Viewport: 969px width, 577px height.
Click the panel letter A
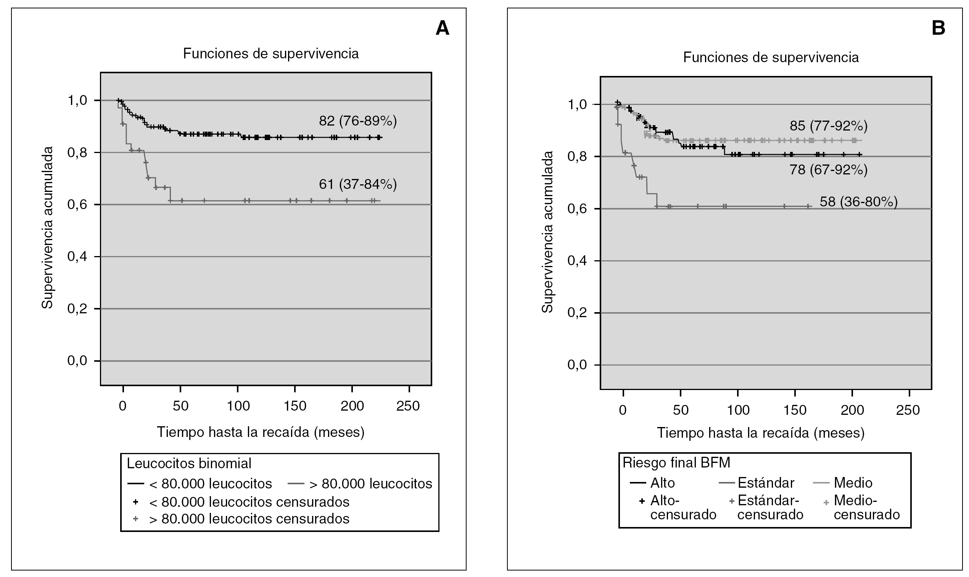[x=442, y=28]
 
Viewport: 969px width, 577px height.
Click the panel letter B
[x=939, y=28]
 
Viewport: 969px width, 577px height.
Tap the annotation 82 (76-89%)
[x=357, y=121]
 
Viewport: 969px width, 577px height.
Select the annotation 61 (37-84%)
[x=357, y=184]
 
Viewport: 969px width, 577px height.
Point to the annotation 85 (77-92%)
[x=828, y=126]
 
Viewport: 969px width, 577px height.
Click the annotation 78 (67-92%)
[x=828, y=170]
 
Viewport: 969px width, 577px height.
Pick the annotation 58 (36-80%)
[x=859, y=202]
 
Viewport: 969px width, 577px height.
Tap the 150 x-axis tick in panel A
[x=295, y=406]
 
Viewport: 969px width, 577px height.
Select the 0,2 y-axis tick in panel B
[x=577, y=313]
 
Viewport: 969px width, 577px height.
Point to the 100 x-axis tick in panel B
[x=738, y=410]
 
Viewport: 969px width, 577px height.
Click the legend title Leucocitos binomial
[x=189, y=463]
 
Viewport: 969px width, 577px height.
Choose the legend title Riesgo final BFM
[x=676, y=463]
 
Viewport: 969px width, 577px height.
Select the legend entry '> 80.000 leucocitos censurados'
[x=249, y=519]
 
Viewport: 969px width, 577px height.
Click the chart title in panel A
[x=270, y=54]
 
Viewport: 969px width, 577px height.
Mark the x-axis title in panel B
[x=760, y=433]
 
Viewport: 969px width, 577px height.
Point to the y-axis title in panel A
[x=47, y=228]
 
